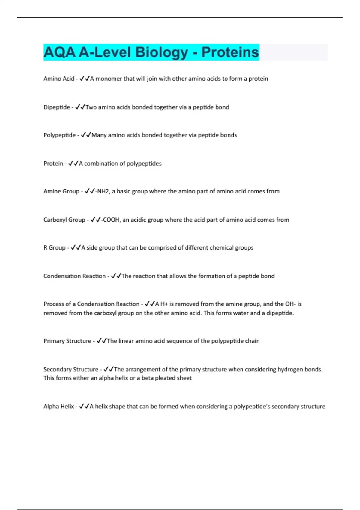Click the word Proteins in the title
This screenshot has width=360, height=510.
click(230, 52)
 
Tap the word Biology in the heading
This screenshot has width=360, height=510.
click(162, 52)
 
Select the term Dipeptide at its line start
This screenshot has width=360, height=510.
click(57, 107)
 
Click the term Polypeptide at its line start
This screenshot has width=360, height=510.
click(60, 135)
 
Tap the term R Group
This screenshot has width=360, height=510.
click(54, 248)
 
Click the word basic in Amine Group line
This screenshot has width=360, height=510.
click(124, 191)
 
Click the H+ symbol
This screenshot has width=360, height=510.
click(164, 304)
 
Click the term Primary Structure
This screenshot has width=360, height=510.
click(67, 341)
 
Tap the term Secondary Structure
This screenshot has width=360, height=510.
click(71, 369)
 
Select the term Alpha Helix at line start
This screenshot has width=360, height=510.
click(59, 406)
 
